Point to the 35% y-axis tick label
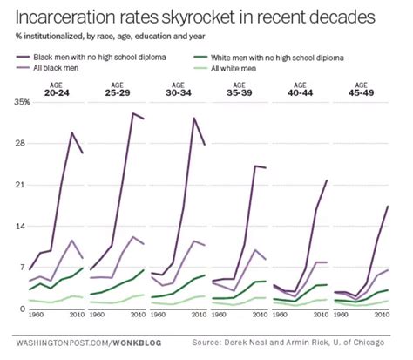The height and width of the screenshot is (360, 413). [x=22, y=102]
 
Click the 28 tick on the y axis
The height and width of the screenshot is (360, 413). [x=22, y=144]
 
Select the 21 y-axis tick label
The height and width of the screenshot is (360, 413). [x=22, y=185]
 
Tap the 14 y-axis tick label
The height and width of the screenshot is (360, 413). [x=22, y=226]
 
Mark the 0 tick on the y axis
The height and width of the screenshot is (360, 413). [x=23, y=309]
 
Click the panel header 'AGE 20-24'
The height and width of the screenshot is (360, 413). [x=57, y=89]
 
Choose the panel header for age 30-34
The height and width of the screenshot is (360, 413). [x=179, y=89]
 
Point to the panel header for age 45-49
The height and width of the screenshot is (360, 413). [x=361, y=89]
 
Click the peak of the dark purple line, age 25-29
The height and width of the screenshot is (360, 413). [x=132, y=113]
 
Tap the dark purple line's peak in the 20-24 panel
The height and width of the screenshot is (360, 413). [x=71, y=132]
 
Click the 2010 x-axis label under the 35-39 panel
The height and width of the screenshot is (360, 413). [x=261, y=315]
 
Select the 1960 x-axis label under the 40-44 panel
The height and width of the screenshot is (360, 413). [x=281, y=315]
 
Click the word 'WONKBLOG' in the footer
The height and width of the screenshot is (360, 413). [x=137, y=343]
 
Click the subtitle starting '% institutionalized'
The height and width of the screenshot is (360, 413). [x=111, y=37]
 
